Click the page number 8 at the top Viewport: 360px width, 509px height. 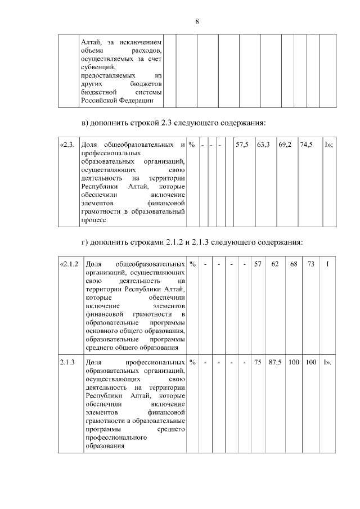tap(197, 21)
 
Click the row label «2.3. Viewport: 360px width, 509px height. tap(67, 145)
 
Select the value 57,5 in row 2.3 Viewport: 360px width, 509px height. tap(242, 145)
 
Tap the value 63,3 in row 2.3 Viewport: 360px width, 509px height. tap(263, 145)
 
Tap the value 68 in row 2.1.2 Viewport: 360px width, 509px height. tap(293, 264)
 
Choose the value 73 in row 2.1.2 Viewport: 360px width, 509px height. tap(310, 264)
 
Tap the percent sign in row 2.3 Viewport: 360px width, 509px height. tap(192, 145)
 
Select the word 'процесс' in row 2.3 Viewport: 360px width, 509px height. tap(94, 221)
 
